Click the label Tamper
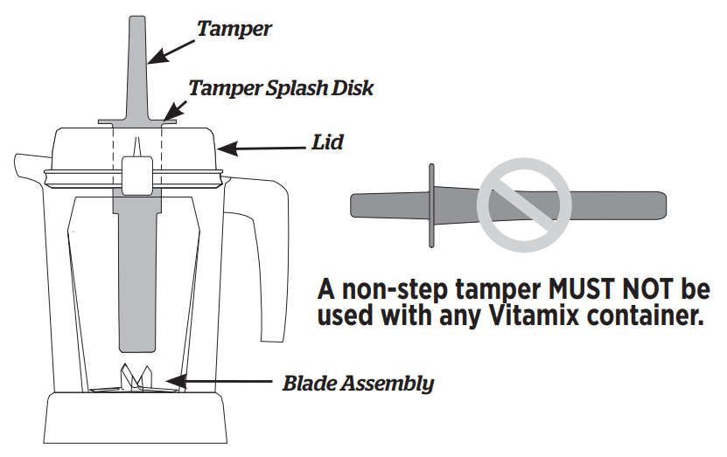point(234,28)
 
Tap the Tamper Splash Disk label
point(281,87)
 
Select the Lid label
point(326,142)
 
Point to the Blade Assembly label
point(358,383)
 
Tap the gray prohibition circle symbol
point(523,205)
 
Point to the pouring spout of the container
point(26,163)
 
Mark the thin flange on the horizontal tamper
point(430,206)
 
